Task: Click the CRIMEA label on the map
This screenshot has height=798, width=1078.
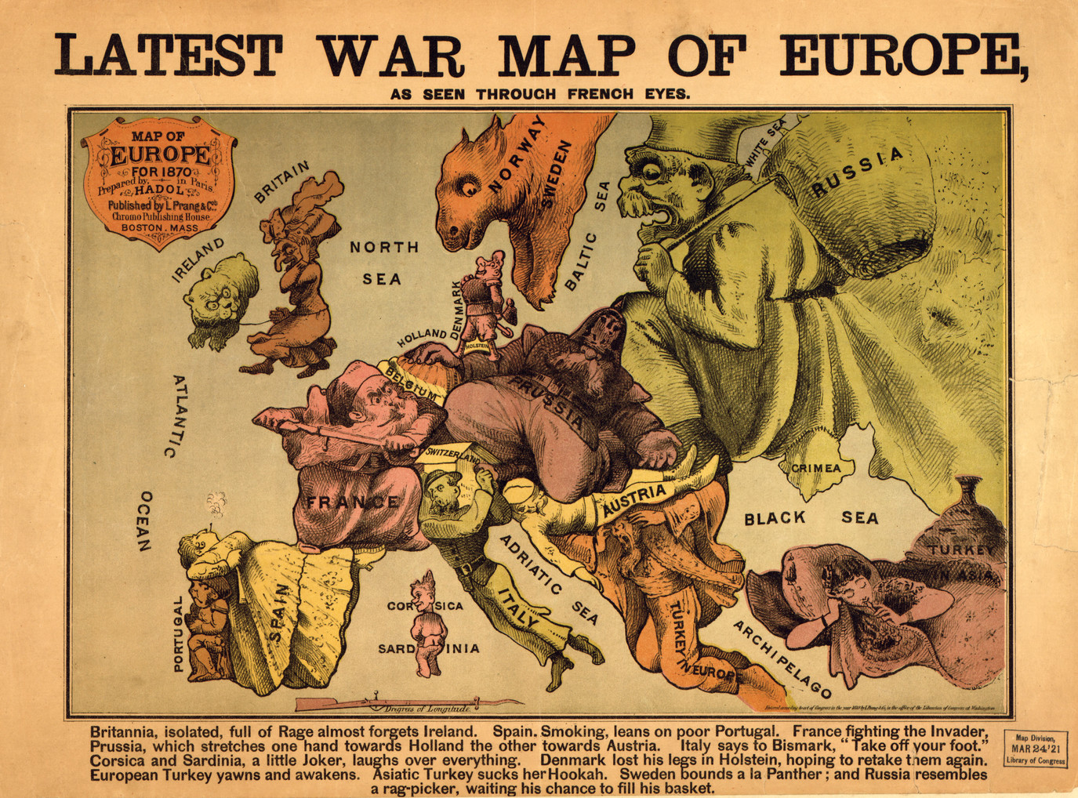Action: click(x=815, y=468)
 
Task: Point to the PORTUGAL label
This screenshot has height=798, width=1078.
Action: click(x=178, y=633)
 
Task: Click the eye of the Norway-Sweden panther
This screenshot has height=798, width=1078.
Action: click(x=468, y=188)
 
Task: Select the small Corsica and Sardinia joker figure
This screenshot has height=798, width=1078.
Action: click(x=426, y=623)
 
